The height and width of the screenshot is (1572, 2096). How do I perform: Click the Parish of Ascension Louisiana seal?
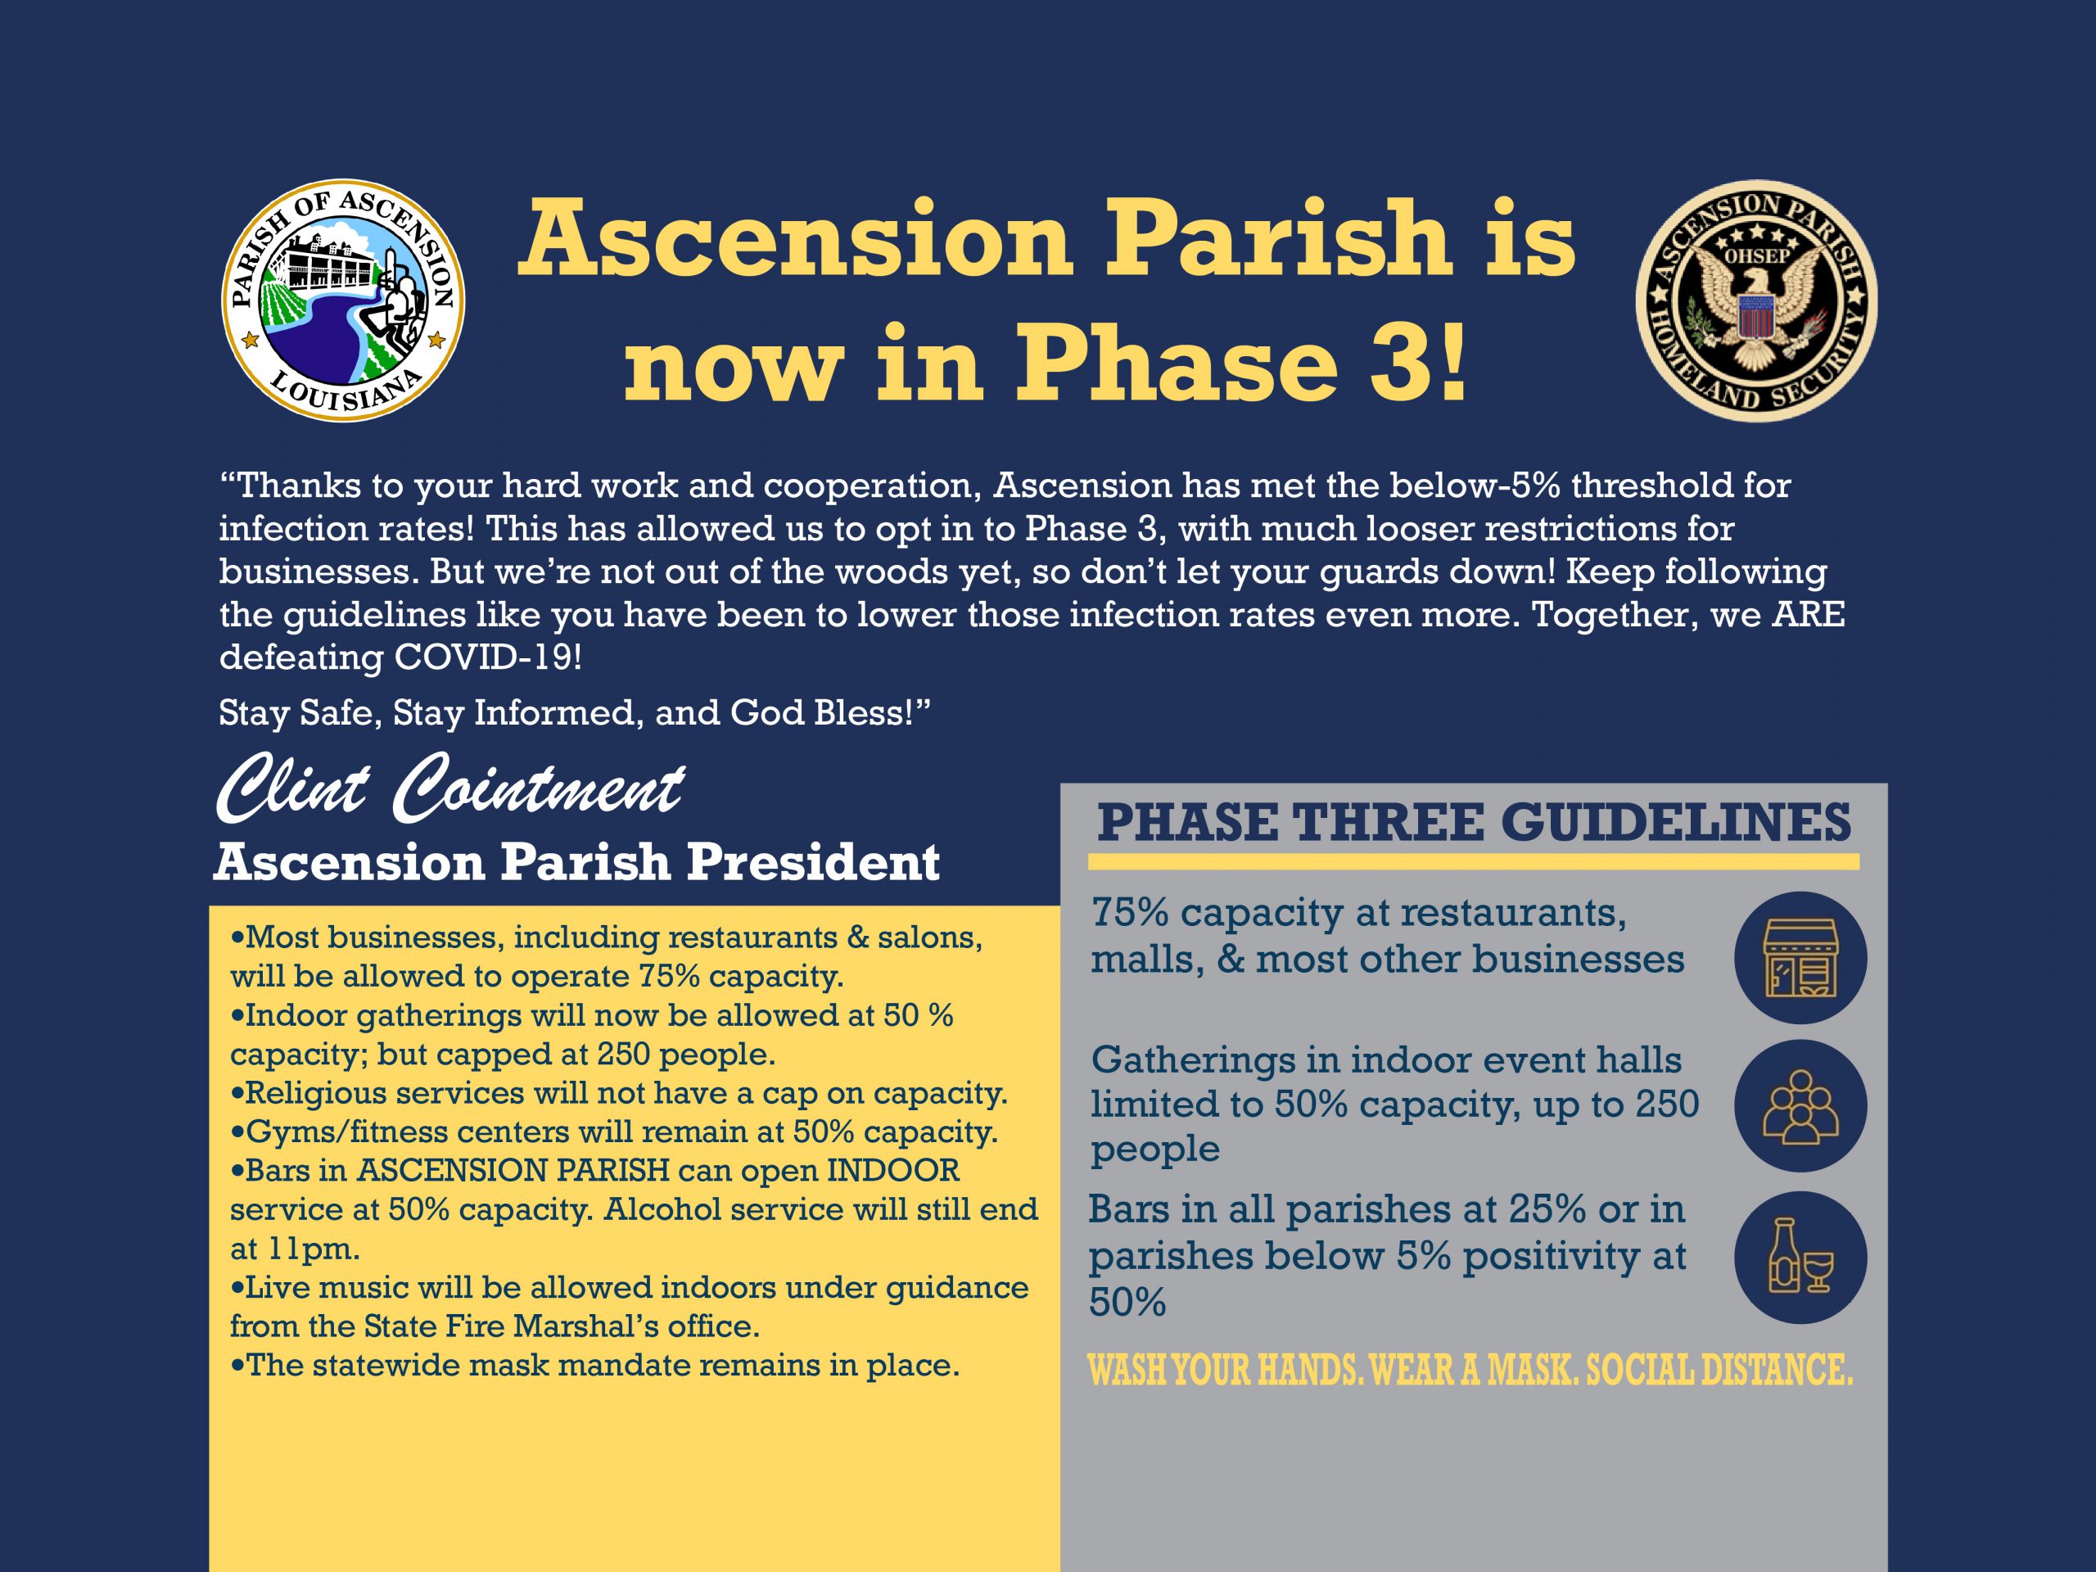(342, 300)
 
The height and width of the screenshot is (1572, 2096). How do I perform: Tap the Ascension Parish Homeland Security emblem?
(1757, 300)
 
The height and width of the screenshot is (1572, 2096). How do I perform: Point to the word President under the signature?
(812, 862)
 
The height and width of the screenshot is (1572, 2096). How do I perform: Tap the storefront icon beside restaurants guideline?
(1800, 957)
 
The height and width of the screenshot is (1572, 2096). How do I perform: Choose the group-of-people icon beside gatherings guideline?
(1800, 1106)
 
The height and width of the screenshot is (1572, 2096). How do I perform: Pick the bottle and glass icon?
(1800, 1257)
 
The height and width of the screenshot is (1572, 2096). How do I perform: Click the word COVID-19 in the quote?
(486, 657)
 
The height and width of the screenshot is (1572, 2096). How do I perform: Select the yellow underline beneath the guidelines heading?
(1474, 862)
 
